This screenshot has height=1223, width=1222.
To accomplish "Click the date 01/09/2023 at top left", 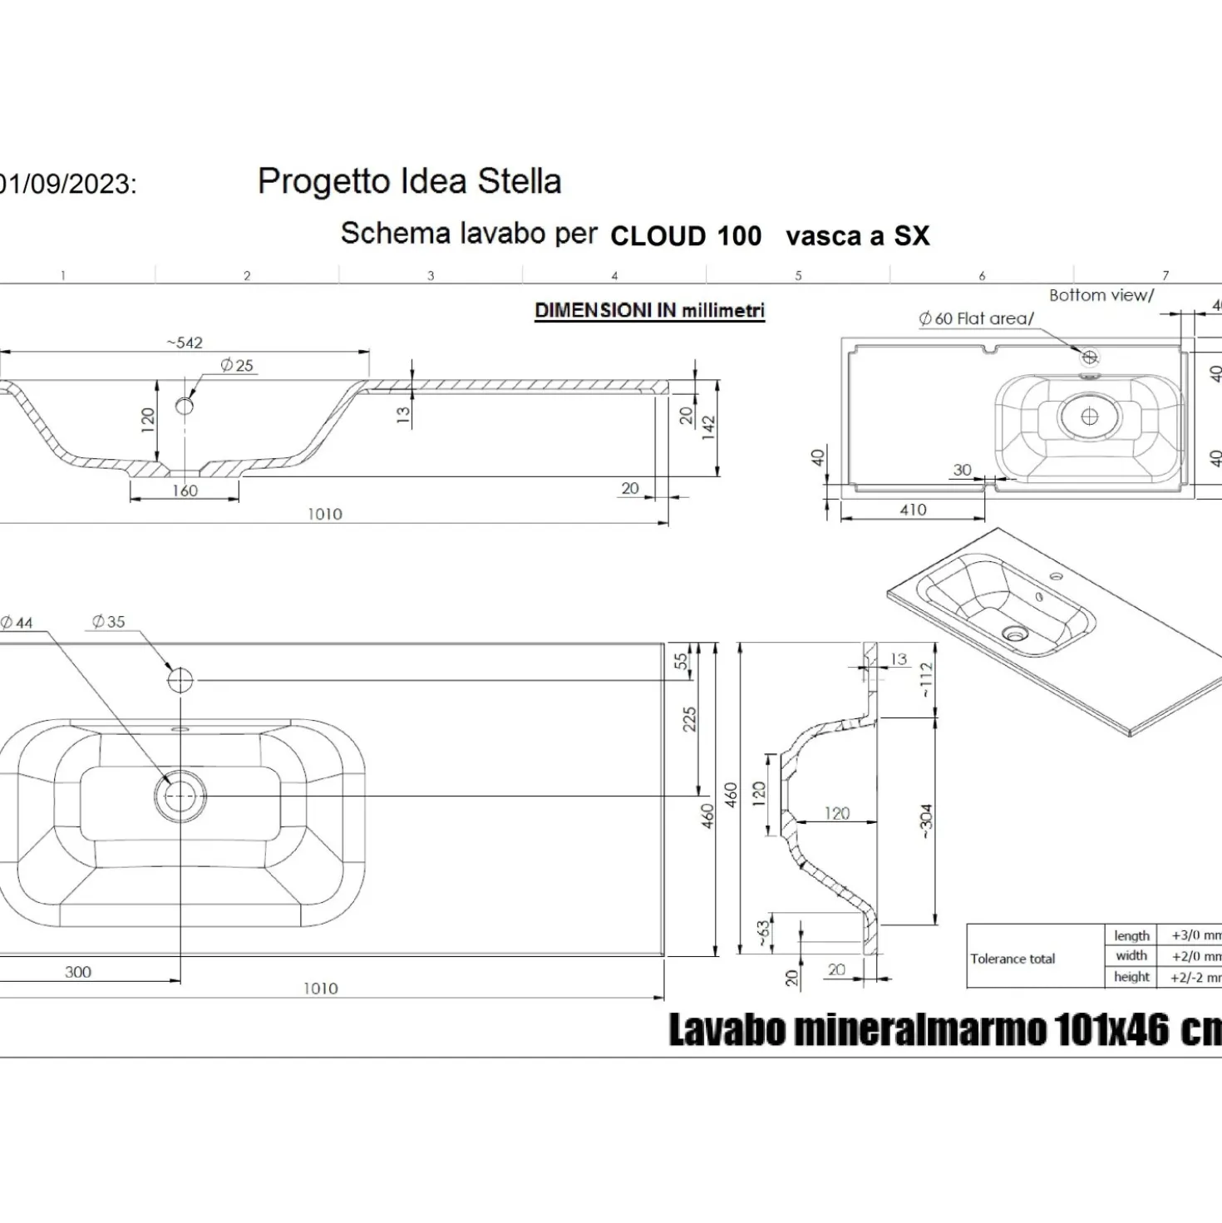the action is [x=67, y=185].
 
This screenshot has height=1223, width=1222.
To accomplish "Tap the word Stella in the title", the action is [x=520, y=181].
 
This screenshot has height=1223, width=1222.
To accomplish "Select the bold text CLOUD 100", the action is [x=686, y=236].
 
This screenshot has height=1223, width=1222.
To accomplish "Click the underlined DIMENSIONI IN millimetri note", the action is [x=649, y=311].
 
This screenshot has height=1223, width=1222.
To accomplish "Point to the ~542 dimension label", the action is [x=184, y=343].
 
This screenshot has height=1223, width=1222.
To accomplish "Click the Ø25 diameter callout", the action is [x=237, y=366].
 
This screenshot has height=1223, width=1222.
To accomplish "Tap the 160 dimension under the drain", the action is [x=185, y=491].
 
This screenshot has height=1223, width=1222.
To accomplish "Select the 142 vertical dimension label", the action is [x=709, y=427].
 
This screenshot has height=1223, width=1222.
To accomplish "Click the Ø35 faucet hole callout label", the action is [x=109, y=622].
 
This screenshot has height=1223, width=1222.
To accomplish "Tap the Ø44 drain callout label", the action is [x=17, y=624].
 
